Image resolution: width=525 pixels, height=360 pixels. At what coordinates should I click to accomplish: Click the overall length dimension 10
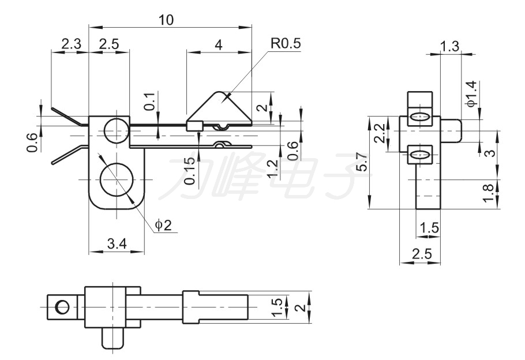pos(166,20)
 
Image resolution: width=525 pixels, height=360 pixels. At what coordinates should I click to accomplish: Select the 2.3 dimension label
pos(72,44)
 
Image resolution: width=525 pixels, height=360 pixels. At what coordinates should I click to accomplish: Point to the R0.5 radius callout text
pos(286,43)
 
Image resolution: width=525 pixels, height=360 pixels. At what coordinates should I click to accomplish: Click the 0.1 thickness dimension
pos(151,102)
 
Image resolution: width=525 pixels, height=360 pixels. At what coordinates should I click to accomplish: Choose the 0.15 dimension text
pos(189,171)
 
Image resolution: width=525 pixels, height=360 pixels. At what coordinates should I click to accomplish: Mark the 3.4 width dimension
pos(117,244)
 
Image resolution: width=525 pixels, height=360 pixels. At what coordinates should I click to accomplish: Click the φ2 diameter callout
pos(163,225)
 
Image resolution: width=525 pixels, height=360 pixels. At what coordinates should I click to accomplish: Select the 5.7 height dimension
pos(362,162)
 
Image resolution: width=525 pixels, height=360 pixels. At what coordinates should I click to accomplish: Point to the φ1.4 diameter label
pos(471,93)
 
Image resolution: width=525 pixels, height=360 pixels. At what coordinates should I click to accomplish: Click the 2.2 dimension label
pos(380,133)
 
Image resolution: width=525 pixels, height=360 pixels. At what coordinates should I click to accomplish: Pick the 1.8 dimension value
pos(488,193)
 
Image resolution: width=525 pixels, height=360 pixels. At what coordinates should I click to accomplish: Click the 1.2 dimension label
pos(273,168)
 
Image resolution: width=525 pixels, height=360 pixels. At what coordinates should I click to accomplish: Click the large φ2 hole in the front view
pos(117,178)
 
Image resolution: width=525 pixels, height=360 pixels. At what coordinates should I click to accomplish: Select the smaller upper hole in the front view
pos(116,130)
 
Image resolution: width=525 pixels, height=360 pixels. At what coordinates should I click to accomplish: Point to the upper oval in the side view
pos(420,117)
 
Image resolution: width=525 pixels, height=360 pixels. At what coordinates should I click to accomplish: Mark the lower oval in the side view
pos(420,155)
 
